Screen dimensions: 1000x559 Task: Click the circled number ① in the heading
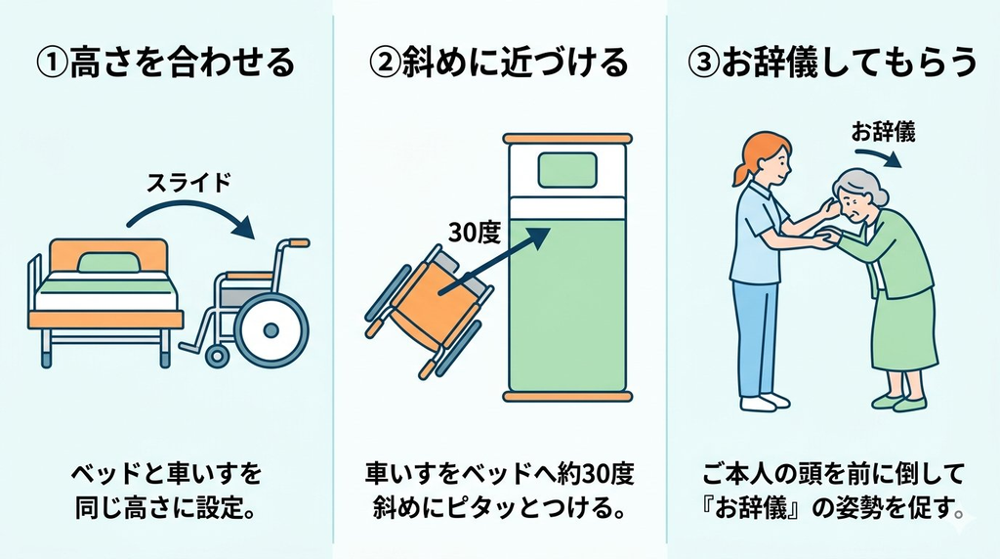coord(51,64)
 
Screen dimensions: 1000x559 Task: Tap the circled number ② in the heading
coord(384,64)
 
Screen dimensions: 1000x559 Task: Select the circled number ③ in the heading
coord(703,64)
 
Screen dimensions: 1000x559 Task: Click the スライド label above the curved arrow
coord(188,183)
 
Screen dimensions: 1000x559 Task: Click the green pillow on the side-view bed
coord(109,262)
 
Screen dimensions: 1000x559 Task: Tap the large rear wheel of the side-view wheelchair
coord(271,330)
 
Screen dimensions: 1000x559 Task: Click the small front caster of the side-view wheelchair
coord(217,356)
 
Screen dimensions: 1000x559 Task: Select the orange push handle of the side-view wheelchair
coord(297,243)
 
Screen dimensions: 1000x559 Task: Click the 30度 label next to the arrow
coord(475,233)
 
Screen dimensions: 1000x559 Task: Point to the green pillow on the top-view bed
coord(567,170)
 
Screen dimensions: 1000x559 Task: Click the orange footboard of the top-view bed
coord(567,397)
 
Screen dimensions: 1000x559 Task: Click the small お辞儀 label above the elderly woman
coord(883,132)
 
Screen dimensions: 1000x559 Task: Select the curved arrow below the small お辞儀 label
coord(879,155)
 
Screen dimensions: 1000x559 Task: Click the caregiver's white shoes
coord(765,402)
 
